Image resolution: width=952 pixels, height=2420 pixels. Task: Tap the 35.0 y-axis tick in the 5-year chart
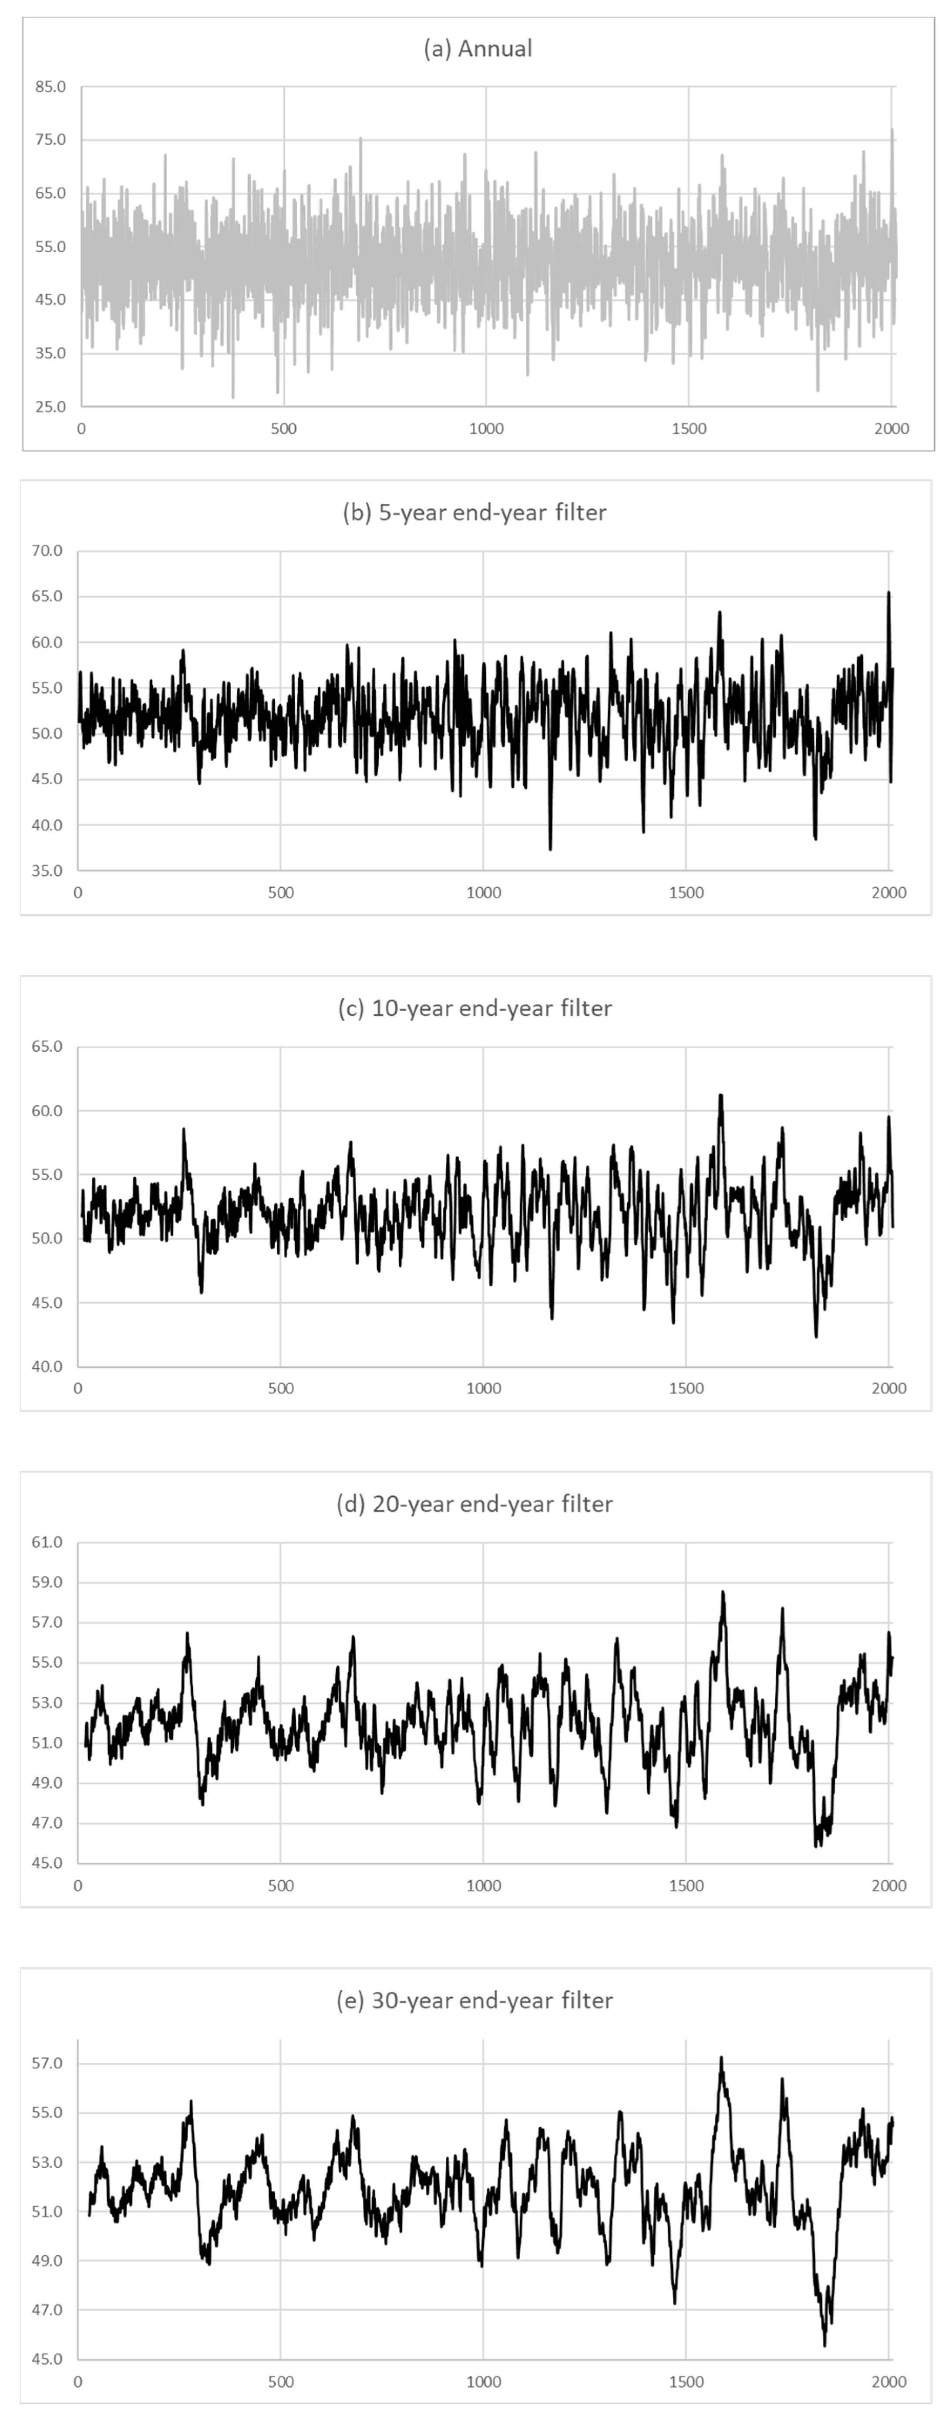47,871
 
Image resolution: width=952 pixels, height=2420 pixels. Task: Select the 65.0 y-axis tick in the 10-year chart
47,1047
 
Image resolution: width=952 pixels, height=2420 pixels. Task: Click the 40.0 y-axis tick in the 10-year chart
47,1367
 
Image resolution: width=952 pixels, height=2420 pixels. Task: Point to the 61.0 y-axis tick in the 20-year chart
47,1542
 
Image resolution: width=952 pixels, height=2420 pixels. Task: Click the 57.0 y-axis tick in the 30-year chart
47,2064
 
